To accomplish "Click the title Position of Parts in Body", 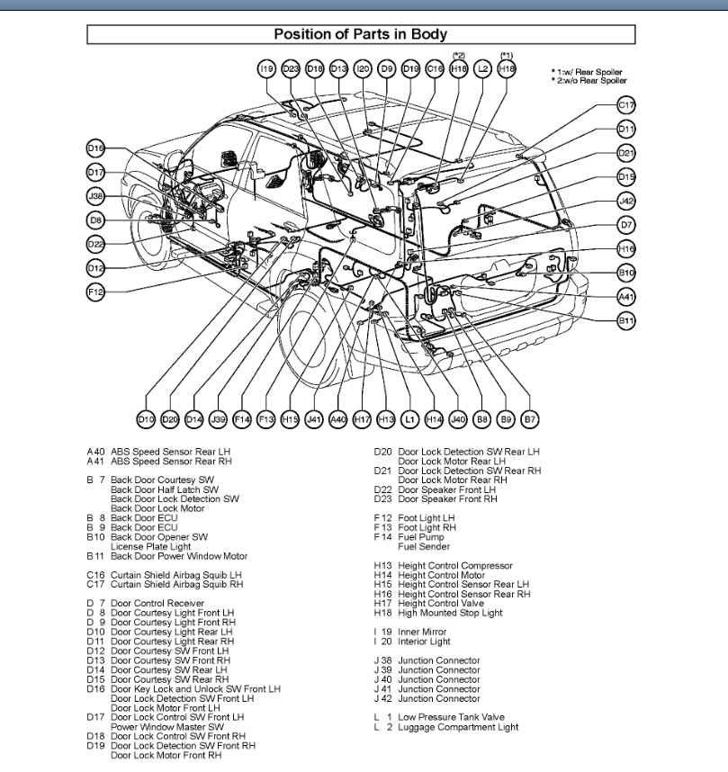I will [360, 35].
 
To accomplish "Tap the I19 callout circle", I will [265, 68].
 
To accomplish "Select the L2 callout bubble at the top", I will [483, 68].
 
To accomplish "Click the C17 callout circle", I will [626, 105].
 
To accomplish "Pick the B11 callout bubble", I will [626, 319].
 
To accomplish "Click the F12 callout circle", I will [96, 292].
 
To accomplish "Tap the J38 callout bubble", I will [96, 195].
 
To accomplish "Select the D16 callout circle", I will [96, 148].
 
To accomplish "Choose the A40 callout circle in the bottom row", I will [338, 418].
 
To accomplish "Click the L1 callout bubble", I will [410, 418].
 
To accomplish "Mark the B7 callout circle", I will [530, 418].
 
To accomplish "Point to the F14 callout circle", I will [241, 418].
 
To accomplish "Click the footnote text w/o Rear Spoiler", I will [590, 81].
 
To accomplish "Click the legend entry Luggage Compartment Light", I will [458, 727].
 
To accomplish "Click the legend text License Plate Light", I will [150, 546].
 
